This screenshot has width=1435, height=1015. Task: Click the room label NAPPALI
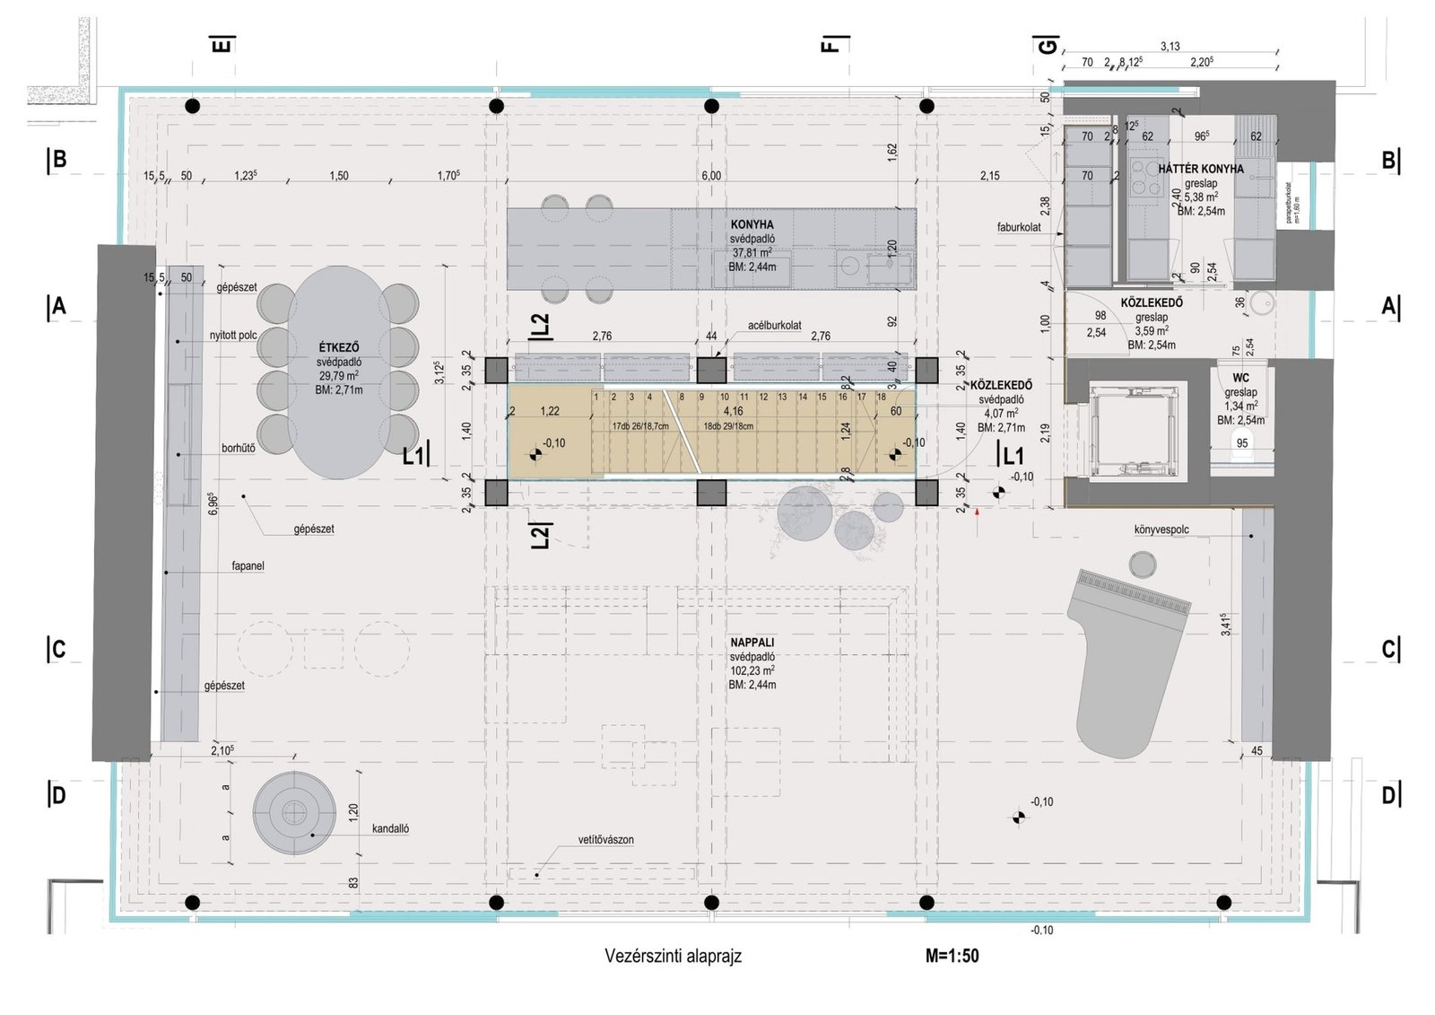752,643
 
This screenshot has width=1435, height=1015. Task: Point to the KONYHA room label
752,224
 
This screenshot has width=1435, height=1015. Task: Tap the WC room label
1240,379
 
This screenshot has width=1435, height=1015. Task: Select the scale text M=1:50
952,957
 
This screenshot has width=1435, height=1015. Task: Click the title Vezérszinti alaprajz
673,957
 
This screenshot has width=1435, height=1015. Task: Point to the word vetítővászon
605,841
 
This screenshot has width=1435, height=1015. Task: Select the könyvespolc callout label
1161,529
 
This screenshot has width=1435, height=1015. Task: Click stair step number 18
882,397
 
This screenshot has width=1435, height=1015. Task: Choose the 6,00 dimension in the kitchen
710,176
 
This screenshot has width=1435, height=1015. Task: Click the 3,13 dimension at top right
1170,47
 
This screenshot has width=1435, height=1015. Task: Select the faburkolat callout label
1018,228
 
